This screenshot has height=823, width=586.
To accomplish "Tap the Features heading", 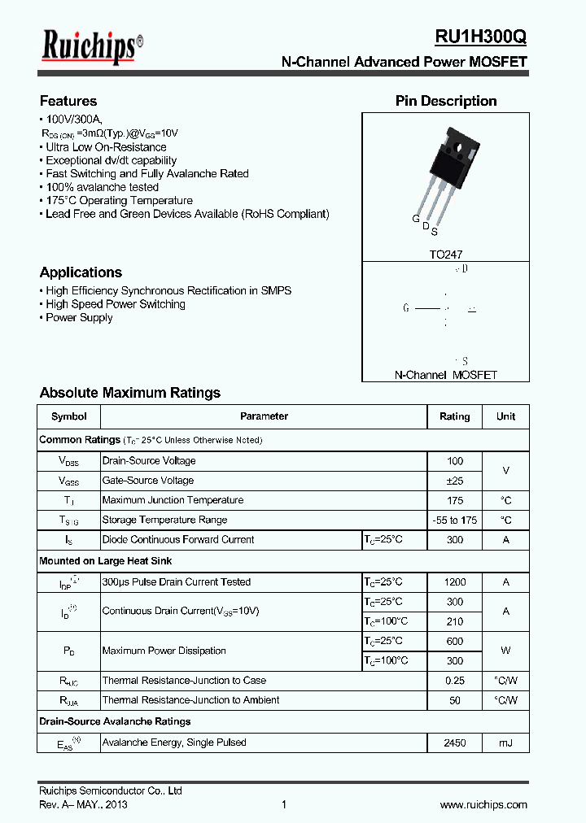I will click(68, 101).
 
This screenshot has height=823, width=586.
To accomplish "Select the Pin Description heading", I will click(446, 101).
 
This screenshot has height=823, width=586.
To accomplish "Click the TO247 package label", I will click(445, 255).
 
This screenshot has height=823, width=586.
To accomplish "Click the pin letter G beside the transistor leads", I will click(415, 220).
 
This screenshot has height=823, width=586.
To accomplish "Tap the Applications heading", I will click(81, 272).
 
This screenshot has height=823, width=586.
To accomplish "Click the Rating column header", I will click(454, 416).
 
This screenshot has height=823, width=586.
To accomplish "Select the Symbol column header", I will click(69, 416).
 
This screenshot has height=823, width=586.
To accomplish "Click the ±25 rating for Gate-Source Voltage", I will click(454, 481).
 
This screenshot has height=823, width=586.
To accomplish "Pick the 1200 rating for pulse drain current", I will click(454, 582).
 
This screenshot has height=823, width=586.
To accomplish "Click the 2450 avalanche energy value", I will click(454, 742).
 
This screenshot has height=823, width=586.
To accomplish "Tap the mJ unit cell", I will click(505, 742).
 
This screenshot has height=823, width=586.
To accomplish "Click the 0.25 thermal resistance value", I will click(454, 681).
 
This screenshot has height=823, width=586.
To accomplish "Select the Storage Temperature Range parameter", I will click(164, 520).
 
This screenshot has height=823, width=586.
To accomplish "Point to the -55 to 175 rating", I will click(454, 520).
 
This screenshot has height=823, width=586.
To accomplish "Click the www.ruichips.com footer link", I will click(483, 804).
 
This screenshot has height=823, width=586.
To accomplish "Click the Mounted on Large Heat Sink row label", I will click(106, 561).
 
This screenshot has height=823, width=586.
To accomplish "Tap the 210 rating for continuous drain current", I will click(454, 621).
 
